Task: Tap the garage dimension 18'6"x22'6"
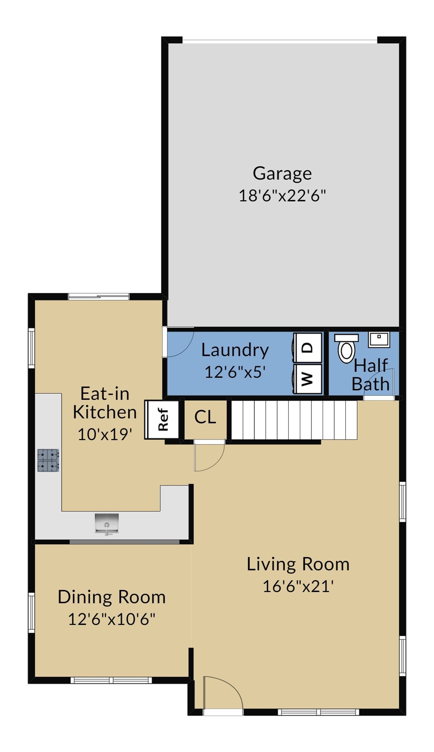282,196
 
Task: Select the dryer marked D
307,348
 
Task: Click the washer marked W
307,379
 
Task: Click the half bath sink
379,339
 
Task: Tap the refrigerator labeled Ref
162,420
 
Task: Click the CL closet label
205,417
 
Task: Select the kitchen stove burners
48,460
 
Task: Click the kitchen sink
107,523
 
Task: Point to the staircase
294,420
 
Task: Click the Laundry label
235,350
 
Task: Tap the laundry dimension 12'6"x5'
235,372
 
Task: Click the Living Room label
298,564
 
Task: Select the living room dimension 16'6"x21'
298,586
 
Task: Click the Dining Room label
111,597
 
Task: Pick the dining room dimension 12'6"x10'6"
111,619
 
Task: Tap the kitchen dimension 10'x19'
105,434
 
